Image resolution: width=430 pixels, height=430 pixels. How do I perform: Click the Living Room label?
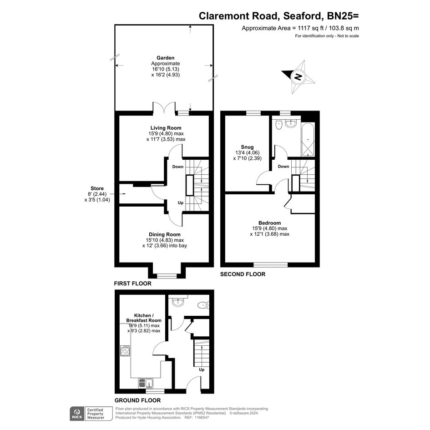(166, 128)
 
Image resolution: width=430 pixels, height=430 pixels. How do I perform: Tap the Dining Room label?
(165, 234)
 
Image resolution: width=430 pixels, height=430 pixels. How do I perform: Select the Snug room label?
(248, 147)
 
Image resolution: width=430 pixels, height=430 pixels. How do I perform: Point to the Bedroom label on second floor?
(269, 223)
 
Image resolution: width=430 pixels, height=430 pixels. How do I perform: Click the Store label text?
(97, 188)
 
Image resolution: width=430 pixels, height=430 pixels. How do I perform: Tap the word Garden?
(165, 58)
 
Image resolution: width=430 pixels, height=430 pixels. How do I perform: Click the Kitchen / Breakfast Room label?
(144, 318)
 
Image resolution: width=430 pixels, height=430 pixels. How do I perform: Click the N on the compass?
(298, 76)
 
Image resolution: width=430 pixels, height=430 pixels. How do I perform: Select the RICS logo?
(77, 414)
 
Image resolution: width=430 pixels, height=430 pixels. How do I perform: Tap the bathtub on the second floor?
(308, 140)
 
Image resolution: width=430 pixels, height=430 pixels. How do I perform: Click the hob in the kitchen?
(125, 351)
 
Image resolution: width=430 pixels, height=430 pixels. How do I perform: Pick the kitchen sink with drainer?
(146, 383)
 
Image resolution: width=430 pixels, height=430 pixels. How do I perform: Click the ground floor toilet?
(203, 305)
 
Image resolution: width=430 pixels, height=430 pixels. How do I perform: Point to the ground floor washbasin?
(178, 303)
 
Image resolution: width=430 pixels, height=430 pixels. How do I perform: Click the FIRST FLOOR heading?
(133, 283)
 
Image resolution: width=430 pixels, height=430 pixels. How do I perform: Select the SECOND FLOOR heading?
(243, 274)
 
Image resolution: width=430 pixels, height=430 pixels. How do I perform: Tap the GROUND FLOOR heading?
(138, 400)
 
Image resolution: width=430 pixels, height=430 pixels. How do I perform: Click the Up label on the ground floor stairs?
(202, 369)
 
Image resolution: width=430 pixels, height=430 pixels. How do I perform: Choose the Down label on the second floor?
(283, 167)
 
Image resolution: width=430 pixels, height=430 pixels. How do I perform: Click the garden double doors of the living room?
(164, 107)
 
